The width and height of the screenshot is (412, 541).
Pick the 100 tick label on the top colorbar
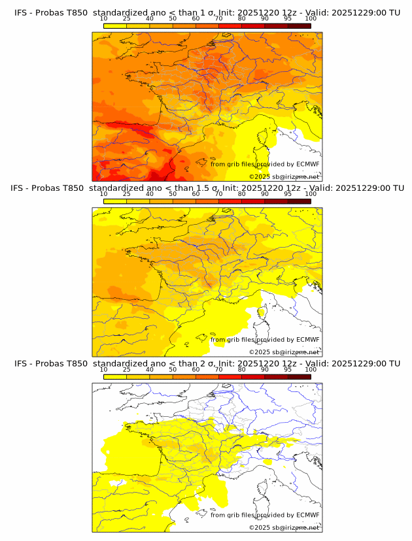click(x=311, y=18)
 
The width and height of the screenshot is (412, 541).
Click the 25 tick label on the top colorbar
click(x=126, y=18)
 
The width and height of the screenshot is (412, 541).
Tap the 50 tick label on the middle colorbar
click(x=173, y=194)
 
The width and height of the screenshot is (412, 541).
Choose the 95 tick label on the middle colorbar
click(x=288, y=194)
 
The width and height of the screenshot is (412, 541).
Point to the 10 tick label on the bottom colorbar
click(x=103, y=369)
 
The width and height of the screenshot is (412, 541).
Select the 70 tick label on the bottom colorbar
click(x=218, y=369)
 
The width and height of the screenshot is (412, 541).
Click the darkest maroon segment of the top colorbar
click(x=299, y=26)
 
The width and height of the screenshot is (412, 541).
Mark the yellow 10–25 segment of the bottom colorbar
click(x=115, y=377)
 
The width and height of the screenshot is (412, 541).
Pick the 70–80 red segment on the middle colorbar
click(x=230, y=202)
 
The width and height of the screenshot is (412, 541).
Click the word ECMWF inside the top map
click(x=308, y=164)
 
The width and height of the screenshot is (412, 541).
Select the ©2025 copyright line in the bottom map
click(x=284, y=527)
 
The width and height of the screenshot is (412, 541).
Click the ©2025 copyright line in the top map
click(x=284, y=176)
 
